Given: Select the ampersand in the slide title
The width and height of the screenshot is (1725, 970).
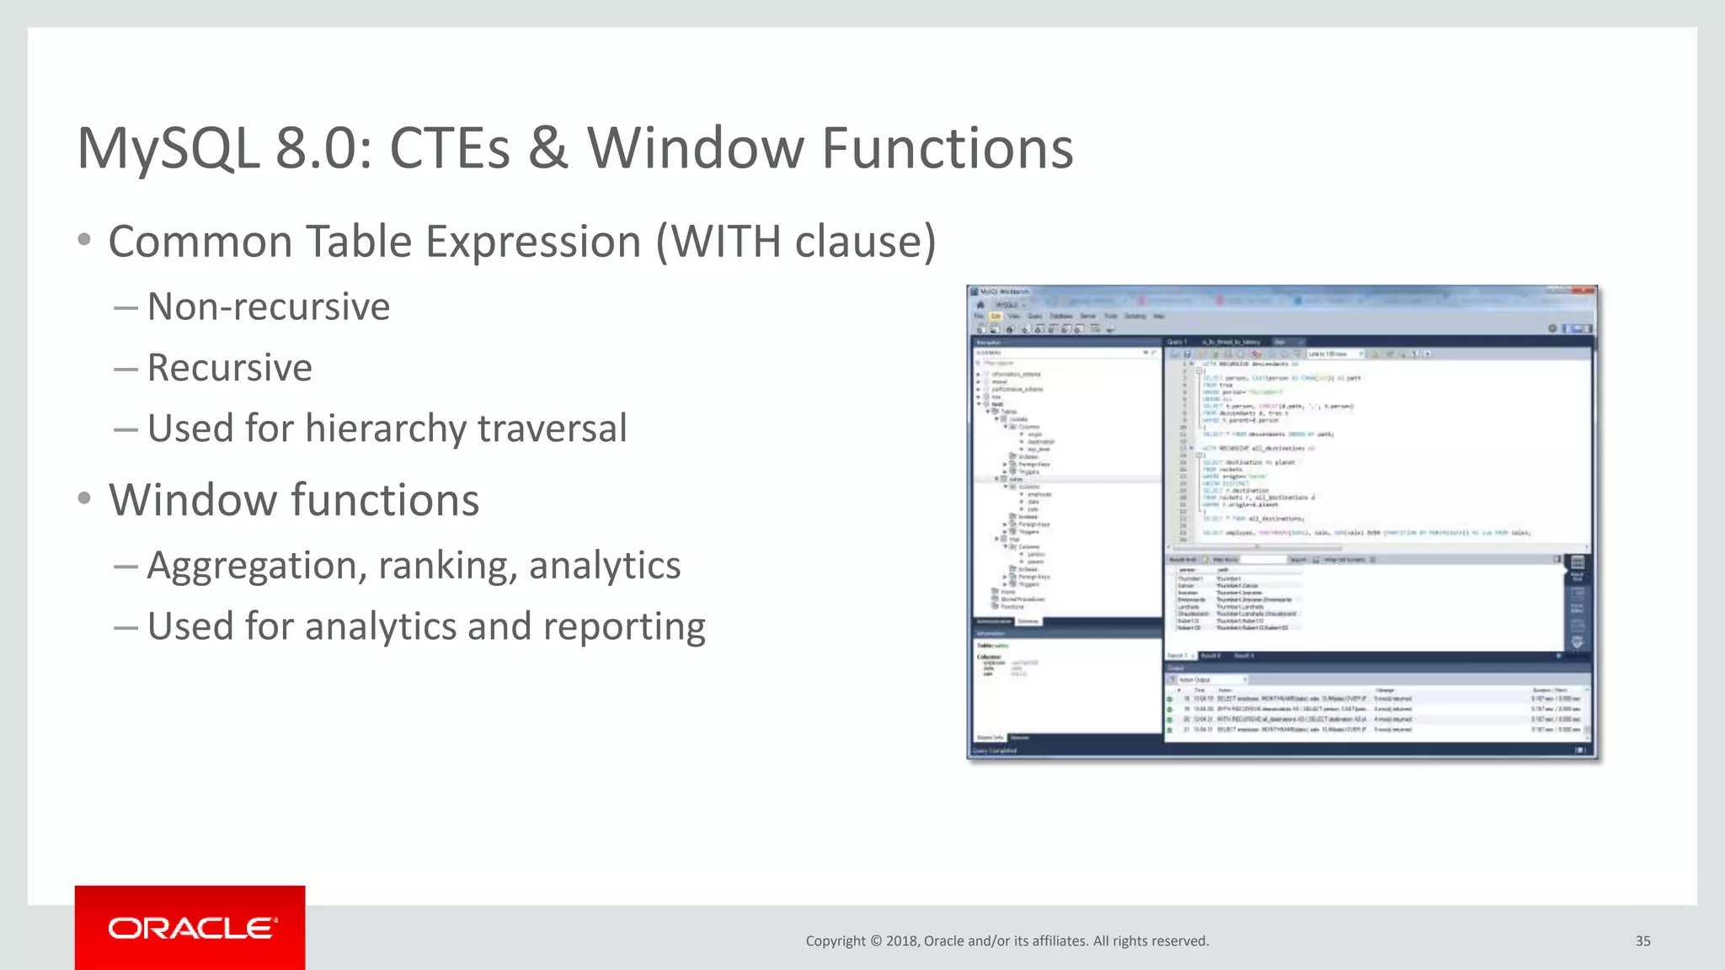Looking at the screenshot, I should pos(548,149).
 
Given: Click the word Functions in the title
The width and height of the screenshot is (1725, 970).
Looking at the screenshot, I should pos(947,149).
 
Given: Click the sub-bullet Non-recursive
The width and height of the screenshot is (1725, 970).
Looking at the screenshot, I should pos(268,306).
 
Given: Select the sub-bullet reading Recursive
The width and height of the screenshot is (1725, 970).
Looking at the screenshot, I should pos(229,368).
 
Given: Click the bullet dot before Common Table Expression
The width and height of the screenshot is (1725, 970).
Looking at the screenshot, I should pos(83,241).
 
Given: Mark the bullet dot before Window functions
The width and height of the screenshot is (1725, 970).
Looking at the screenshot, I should pos(83,499).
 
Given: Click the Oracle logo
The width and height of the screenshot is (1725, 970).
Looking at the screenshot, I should pos(190,928).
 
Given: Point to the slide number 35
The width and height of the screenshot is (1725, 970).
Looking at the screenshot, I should pos(1642,941).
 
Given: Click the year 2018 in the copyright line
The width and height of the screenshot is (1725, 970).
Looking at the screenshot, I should pos(901,941).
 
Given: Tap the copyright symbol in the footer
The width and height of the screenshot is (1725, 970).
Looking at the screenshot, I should pos(875,941).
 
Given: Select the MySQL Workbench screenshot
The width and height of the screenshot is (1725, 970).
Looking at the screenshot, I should pos(1282,522).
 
